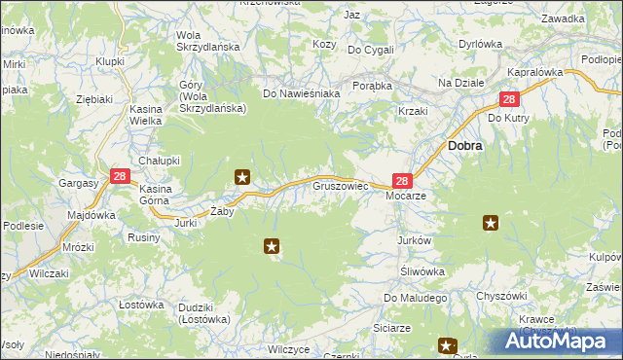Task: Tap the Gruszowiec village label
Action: [x=340, y=184]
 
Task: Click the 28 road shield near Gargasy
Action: [x=120, y=176]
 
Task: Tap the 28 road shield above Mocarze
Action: [x=404, y=180]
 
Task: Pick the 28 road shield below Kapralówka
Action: [x=509, y=99]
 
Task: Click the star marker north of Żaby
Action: [x=242, y=177]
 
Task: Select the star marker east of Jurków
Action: [x=491, y=224]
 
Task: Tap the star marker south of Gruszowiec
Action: [x=272, y=247]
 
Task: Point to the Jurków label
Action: [x=414, y=240]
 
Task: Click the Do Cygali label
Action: [x=370, y=50]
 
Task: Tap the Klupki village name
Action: [x=110, y=61]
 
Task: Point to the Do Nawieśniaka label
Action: [x=301, y=93]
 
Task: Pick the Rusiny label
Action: [x=144, y=236]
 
